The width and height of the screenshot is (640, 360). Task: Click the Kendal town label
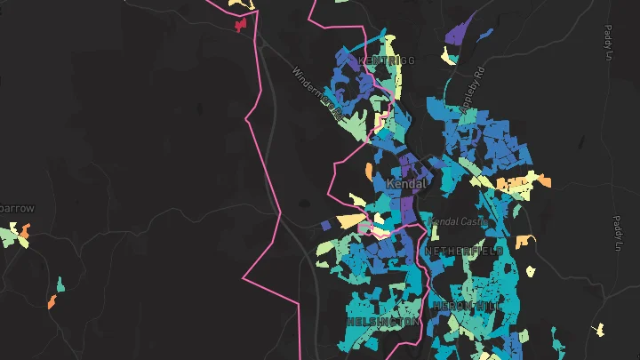pyautogui.click(x=407, y=184)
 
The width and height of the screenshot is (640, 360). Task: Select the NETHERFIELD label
pyautogui.click(x=463, y=252)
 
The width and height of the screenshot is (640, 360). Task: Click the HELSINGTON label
pyautogui.click(x=382, y=321)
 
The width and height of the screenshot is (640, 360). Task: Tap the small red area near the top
pyautogui.click(x=239, y=26)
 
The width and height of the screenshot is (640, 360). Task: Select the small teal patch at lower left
pyautogui.click(x=60, y=284)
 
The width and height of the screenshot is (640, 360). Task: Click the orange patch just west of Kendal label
pyautogui.click(x=369, y=170)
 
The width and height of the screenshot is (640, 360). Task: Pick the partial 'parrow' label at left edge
pyautogui.click(x=17, y=208)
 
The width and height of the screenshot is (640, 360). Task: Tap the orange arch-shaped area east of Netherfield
pyautogui.click(x=523, y=240)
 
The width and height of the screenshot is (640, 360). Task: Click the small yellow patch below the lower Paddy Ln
pyautogui.click(x=598, y=329)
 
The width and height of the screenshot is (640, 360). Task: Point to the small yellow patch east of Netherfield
pyautogui.click(x=531, y=270)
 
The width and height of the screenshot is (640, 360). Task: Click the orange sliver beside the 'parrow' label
pyautogui.click(x=26, y=234)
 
